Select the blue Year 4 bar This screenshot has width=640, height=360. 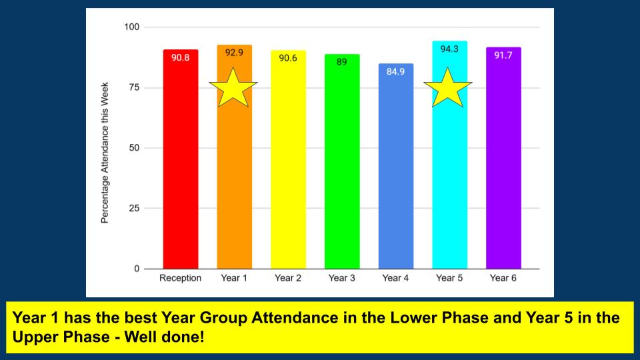coord(396,173)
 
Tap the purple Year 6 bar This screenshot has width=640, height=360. coord(503,167)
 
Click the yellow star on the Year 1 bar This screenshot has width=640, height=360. coord(233,89)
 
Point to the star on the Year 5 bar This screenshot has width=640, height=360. coord(448,89)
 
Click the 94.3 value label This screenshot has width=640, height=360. coord(449,49)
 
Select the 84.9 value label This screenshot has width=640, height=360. coord(396,71)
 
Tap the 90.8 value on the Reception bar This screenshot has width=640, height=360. coord(180,58)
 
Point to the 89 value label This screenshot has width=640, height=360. coord(342,62)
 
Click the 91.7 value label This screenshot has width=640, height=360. coord(503,55)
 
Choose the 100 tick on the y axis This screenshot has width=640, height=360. coord(132,27)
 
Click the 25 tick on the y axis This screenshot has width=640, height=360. coord(135,209)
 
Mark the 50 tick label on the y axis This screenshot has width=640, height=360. coord(135,148)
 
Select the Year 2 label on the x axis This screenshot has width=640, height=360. coord(288,278)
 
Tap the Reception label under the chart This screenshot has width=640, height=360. coord(180,278)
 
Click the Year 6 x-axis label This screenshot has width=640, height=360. coord(503,278)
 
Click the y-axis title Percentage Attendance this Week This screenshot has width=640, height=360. coord(105,162)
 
